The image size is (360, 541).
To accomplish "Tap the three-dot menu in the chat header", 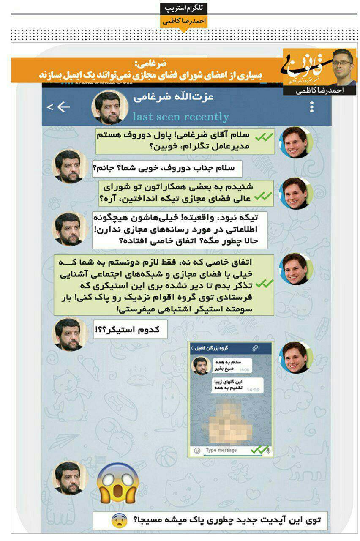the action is click(311, 107).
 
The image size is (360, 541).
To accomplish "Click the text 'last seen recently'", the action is click(180, 117).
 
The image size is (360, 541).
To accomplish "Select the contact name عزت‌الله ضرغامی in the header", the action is click(174, 97).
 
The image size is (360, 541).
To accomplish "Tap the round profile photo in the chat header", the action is click(110, 107).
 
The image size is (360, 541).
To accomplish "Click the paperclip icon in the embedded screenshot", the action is click(255, 348).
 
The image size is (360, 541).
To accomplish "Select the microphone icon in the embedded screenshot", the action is click(268, 451).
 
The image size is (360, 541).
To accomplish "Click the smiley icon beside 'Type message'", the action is click(197, 451).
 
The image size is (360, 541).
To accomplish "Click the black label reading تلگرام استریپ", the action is click(183, 8).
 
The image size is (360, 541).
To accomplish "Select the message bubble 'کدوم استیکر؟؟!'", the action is click(131, 329).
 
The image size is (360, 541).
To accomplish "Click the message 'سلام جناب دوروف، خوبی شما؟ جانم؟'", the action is click(167, 168).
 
